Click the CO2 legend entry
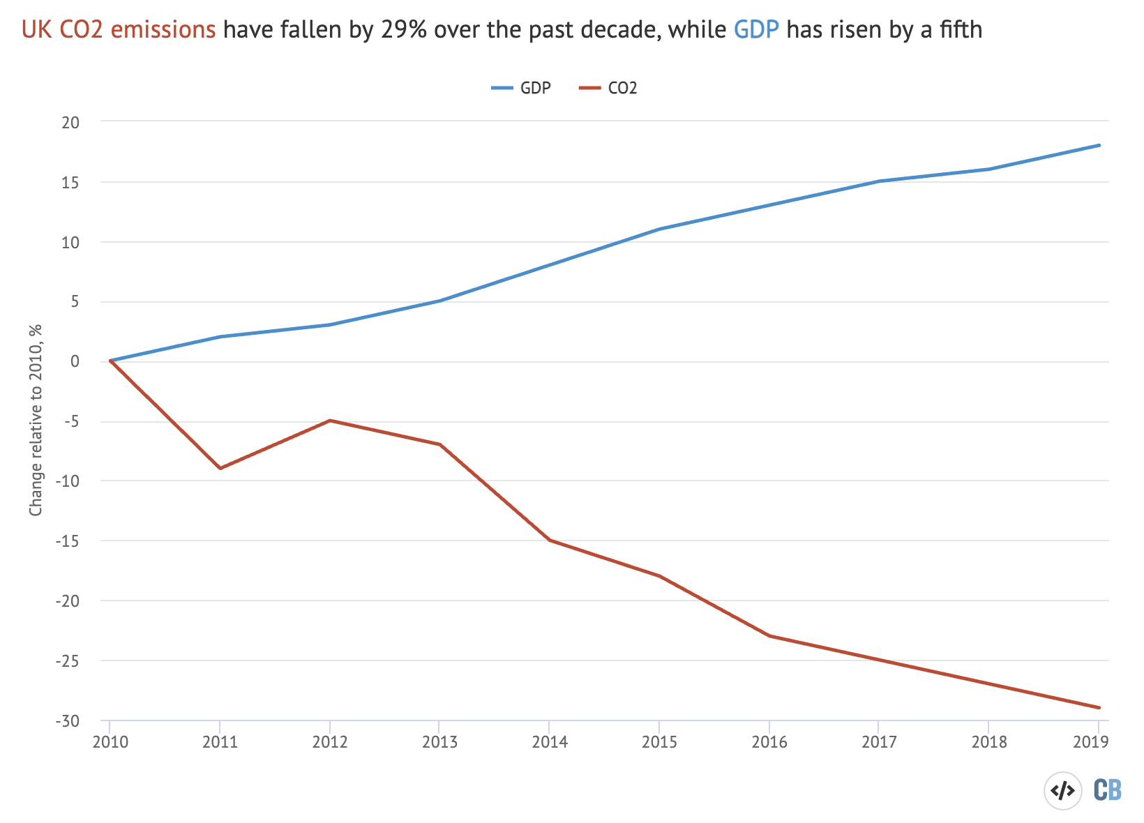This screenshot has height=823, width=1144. [608, 88]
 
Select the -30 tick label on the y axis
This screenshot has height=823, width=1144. [68, 720]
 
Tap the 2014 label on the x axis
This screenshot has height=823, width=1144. [550, 742]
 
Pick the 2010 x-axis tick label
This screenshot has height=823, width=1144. [110, 742]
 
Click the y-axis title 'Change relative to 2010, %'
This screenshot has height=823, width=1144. [36, 420]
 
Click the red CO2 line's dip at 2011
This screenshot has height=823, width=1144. [220, 468]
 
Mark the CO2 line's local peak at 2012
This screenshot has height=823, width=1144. [330, 421]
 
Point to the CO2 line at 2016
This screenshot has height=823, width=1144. [769, 635]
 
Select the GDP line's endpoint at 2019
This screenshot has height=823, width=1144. [1099, 145]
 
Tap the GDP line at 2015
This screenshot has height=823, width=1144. [659, 229]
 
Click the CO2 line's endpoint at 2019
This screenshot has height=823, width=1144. [1099, 707]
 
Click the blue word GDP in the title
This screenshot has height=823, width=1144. [756, 29]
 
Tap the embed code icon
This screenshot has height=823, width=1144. [1062, 791]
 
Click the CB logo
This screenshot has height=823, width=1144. [1107, 790]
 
